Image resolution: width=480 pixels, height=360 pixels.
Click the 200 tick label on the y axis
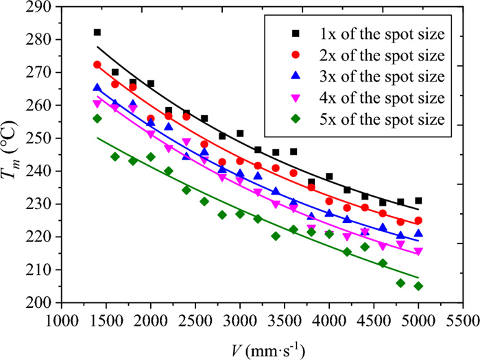[38, 303]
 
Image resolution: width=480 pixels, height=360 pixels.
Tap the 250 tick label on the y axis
[38, 139]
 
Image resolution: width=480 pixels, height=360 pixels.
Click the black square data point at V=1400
[97, 32]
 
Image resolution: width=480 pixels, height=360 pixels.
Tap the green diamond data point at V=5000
[418, 286]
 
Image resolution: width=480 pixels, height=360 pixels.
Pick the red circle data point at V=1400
[97, 64]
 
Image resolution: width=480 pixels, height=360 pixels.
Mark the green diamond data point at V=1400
[97, 119]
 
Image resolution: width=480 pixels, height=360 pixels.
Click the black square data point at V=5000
[418, 201]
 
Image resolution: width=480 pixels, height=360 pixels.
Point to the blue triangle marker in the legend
[296, 76]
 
